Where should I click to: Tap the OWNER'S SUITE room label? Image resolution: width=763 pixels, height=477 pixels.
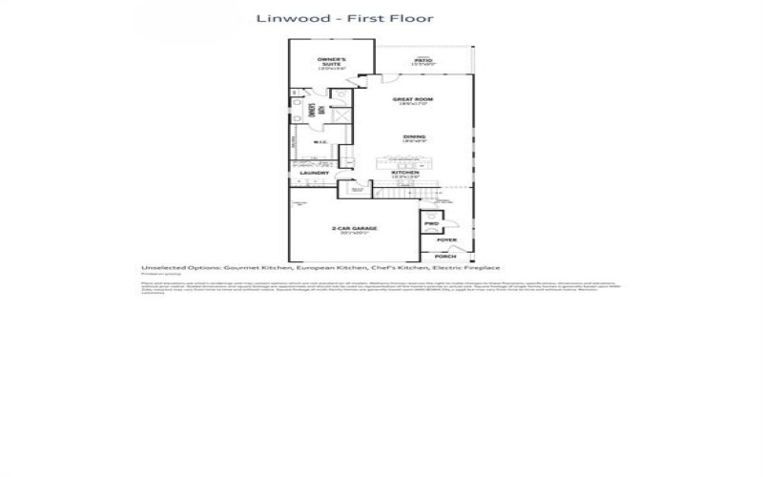332,64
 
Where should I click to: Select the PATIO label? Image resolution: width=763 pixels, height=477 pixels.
424,60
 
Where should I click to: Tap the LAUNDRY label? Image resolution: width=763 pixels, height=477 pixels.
315,173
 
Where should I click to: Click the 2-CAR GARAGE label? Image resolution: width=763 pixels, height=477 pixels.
352,229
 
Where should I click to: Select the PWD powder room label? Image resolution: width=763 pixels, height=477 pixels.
431,225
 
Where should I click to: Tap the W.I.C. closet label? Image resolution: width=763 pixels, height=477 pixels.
320,143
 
